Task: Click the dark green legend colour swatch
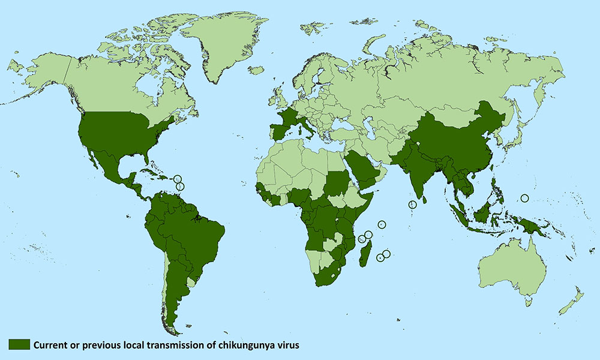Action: click(19, 344)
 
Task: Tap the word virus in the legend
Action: click(287, 344)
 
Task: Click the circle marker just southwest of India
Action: click(412, 205)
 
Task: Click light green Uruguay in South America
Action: click(191, 282)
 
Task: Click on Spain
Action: click(279, 130)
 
